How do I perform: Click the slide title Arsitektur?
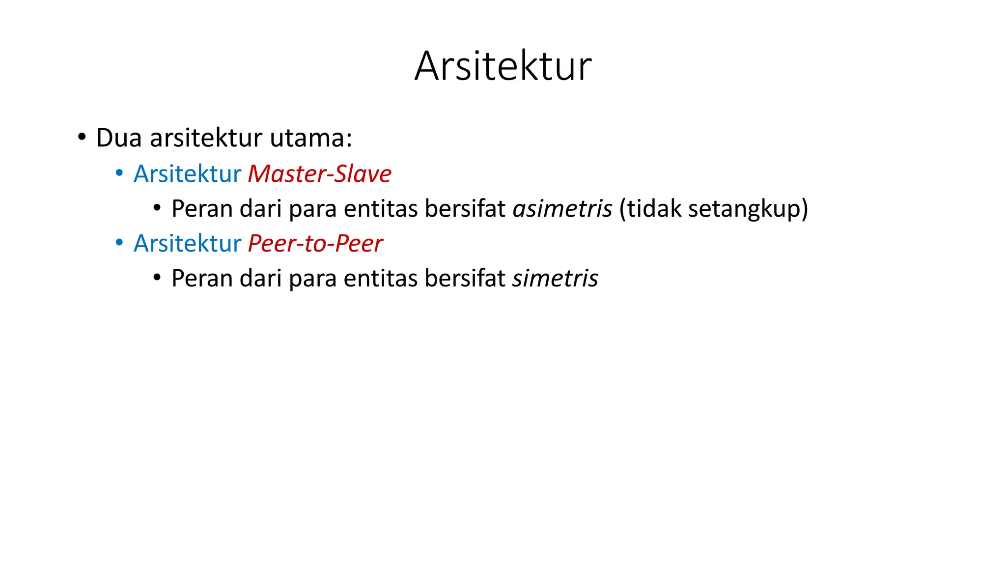503,66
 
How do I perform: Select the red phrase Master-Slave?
319,174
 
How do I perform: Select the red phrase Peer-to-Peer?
315,244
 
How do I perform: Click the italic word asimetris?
562,209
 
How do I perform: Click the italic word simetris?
555,279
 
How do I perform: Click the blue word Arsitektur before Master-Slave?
187,174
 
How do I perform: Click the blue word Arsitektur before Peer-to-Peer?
187,244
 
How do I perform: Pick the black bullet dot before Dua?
82,137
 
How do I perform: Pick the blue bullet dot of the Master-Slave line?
119,173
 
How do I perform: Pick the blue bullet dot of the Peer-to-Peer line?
119,243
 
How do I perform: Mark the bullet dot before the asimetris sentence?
157,208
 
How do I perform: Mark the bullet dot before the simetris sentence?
157,278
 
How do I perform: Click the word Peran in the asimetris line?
201,209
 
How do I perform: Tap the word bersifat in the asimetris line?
465,209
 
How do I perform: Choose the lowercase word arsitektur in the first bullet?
206,138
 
